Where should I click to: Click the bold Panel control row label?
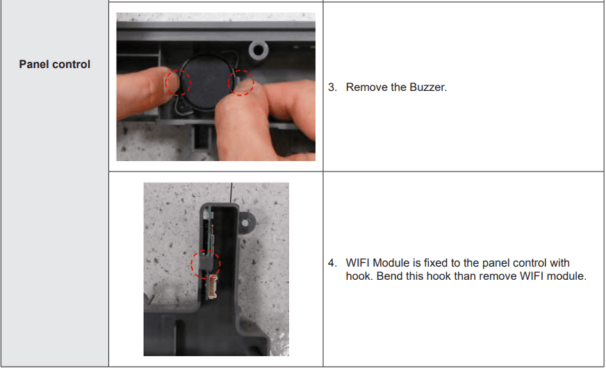(x=54, y=64)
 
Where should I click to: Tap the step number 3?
(x=332, y=87)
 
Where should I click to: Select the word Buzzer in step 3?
(x=428, y=87)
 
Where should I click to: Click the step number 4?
(x=332, y=263)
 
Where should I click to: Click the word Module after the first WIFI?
(x=391, y=263)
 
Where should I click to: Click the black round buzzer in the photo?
(x=206, y=82)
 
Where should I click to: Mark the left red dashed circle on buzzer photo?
(x=178, y=83)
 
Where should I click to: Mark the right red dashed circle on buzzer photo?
(x=240, y=83)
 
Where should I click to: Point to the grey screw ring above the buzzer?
(x=259, y=51)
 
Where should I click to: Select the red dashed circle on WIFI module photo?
(x=205, y=265)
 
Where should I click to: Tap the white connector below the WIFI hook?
(x=213, y=287)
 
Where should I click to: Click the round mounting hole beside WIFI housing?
(x=245, y=223)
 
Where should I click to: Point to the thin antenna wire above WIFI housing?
(x=231, y=193)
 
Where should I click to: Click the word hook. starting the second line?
(x=360, y=276)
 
